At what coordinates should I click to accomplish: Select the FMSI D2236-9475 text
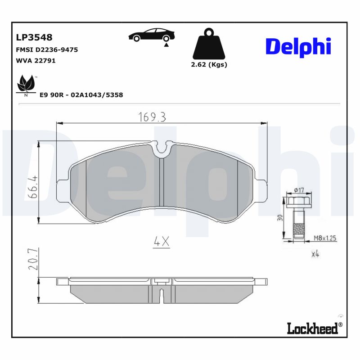tap(47, 50)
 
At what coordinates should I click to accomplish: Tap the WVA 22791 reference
tap(36, 61)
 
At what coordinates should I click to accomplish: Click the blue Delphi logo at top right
tap(298, 46)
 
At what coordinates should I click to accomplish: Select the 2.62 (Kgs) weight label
tap(209, 64)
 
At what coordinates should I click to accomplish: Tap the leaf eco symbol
tap(26, 85)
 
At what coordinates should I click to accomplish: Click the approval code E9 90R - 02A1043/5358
tap(81, 95)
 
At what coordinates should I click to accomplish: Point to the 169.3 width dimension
tap(152, 117)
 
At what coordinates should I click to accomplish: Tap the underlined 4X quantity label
tap(161, 242)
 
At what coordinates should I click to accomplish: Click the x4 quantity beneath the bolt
tap(315, 255)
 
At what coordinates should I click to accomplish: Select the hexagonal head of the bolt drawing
tap(297, 202)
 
